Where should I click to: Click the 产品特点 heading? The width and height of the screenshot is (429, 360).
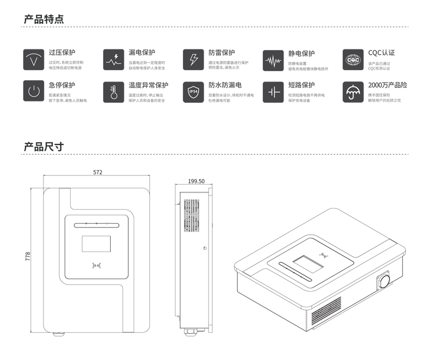(44, 20)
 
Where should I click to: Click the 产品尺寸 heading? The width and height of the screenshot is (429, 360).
(44, 147)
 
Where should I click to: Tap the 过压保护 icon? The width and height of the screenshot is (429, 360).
(34, 59)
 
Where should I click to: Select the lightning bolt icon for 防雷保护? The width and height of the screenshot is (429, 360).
(193, 59)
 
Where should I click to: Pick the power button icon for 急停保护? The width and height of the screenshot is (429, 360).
(34, 91)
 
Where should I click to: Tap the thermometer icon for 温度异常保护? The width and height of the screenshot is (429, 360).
(113, 91)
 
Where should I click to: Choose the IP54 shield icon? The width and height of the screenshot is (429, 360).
(193, 91)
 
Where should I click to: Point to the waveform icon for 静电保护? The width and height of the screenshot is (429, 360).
(273, 60)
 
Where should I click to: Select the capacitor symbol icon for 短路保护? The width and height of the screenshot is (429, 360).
(273, 91)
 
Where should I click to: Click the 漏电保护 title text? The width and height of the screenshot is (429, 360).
(142, 53)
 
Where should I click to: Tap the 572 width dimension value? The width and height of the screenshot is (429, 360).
(98, 173)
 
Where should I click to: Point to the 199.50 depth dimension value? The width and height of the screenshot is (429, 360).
(196, 181)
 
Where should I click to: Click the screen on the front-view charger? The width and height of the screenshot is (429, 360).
(96, 244)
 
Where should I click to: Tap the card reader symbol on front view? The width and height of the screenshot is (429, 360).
(97, 266)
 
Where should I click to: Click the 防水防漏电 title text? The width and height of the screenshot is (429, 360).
(225, 85)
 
